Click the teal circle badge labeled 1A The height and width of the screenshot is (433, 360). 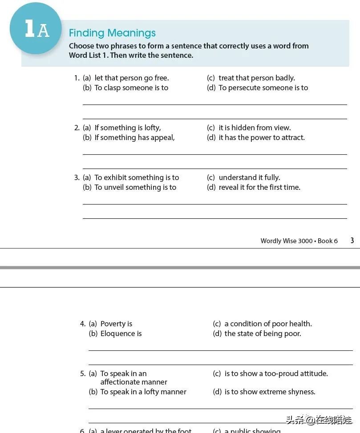click(36, 28)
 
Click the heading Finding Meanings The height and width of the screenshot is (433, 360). click(112, 33)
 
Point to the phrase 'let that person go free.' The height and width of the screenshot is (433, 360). click(132, 78)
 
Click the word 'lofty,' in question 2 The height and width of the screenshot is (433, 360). click(152, 128)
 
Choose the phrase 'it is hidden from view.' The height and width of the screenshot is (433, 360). click(255, 128)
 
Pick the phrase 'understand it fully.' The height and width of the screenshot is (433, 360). click(249, 177)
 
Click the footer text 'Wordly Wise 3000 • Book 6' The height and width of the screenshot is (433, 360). click(299, 241)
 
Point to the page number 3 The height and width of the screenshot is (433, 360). click(352, 241)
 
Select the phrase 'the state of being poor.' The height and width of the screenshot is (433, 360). click(263, 333)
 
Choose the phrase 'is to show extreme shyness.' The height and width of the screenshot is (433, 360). click(270, 392)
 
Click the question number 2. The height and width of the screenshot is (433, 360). click(77, 128)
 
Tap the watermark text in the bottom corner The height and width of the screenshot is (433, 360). click(319, 420)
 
